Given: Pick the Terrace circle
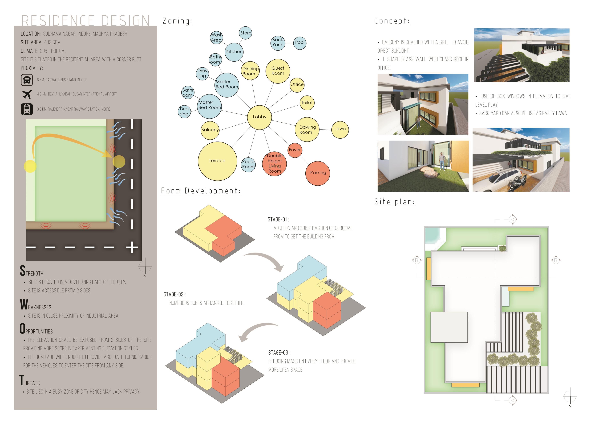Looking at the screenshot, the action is click(x=217, y=161).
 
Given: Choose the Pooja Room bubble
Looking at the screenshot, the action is click(x=248, y=164).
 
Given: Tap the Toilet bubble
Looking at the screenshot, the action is click(x=307, y=103).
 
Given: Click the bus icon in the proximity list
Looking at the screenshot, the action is click(x=27, y=80).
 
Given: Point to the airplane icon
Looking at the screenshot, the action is click(x=27, y=94).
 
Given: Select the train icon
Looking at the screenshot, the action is click(x=27, y=109).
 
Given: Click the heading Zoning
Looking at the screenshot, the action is click(x=177, y=21).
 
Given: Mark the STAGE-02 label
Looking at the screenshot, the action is click(x=174, y=295).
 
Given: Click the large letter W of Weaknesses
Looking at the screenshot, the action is click(x=24, y=305).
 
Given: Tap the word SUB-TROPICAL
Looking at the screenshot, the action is click(x=53, y=51).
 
